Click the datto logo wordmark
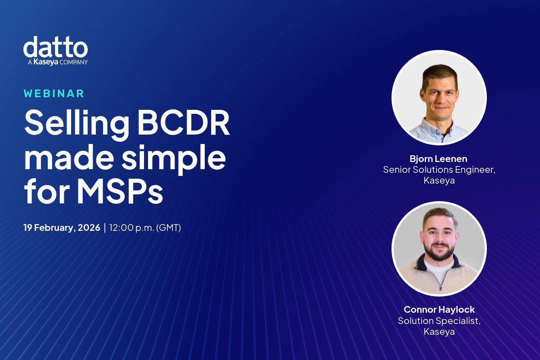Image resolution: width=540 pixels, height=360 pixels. [55, 47]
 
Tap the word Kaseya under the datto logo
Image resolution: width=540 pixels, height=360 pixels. [45, 62]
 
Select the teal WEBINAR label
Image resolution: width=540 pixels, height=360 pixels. [54, 94]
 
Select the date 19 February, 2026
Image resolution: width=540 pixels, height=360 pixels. [62, 228]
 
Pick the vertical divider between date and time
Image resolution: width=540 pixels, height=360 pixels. [105, 228]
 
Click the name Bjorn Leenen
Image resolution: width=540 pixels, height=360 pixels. [439, 159]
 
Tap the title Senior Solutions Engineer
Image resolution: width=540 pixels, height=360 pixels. [439, 170]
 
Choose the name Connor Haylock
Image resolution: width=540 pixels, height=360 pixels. [439, 310]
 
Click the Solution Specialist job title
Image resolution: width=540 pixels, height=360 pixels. [439, 320]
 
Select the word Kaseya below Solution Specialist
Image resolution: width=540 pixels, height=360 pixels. [439, 332]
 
